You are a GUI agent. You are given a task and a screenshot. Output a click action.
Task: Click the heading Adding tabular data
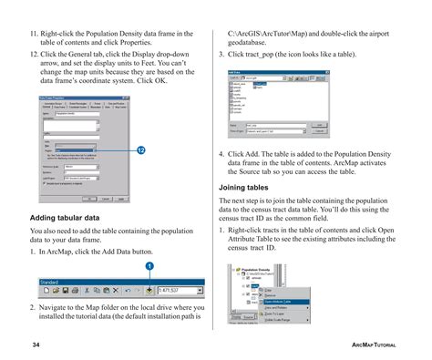(x=65, y=218)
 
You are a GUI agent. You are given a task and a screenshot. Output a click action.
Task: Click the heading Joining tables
(x=244, y=187)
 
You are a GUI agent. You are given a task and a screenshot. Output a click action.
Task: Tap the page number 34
(x=36, y=345)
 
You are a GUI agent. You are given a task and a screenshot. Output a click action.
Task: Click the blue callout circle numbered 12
(x=141, y=149)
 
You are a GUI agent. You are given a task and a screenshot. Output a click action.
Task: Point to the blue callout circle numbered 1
(x=149, y=265)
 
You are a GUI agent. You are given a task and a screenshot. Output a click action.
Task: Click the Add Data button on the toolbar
(x=149, y=292)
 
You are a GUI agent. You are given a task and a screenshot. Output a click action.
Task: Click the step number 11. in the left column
(x=34, y=34)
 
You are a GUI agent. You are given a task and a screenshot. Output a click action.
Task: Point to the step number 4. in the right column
(x=222, y=154)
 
